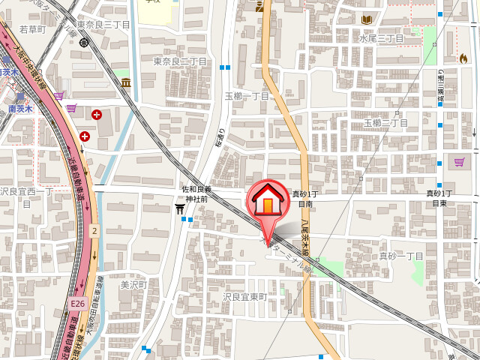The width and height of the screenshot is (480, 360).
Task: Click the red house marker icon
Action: (x=267, y=202)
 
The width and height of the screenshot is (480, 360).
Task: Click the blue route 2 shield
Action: (x=94, y=232)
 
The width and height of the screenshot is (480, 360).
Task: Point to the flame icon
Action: (x=463, y=58)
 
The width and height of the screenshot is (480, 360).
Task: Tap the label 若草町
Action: (x=32, y=29)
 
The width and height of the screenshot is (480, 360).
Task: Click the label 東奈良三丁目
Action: (x=103, y=25)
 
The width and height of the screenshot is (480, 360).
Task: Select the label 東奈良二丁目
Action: (x=180, y=61)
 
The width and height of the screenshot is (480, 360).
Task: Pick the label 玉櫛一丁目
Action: (x=247, y=96)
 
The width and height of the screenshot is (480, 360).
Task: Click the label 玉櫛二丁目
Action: (x=385, y=122)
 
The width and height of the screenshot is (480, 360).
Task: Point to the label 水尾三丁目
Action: (x=381, y=38)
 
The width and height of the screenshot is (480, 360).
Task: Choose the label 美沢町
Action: (x=135, y=285)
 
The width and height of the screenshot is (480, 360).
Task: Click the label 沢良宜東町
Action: (x=244, y=297)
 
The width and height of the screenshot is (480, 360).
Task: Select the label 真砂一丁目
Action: (x=400, y=256)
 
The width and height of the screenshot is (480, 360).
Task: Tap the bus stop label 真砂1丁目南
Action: (x=304, y=199)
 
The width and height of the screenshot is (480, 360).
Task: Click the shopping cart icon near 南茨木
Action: (x=71, y=108)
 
